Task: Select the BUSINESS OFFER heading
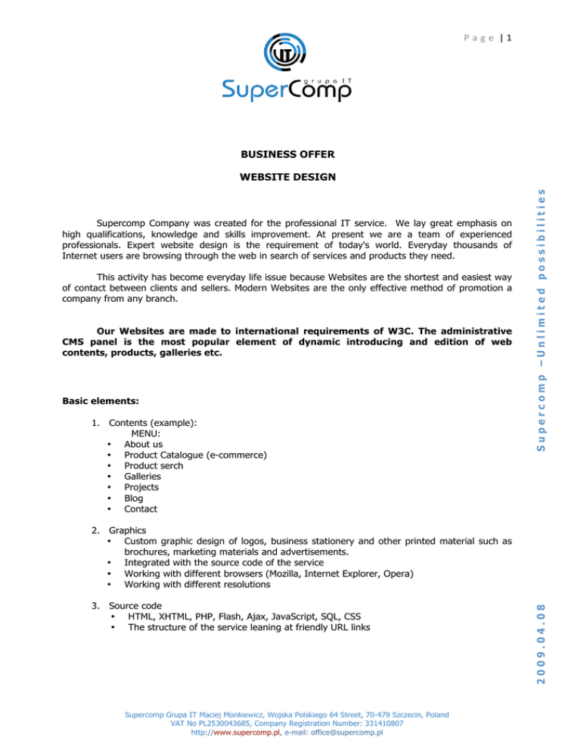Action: click(x=287, y=154)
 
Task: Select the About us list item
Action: click(x=143, y=444)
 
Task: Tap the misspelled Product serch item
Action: click(x=154, y=466)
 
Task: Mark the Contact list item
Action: click(x=141, y=509)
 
